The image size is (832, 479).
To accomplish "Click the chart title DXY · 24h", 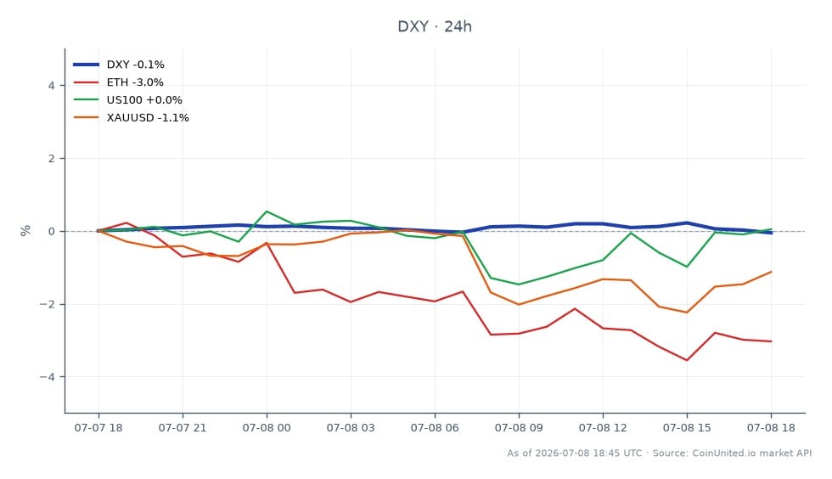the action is (435, 26).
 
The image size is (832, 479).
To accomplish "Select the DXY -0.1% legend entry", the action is (119, 65).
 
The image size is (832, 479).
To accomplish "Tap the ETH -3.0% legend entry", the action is (118, 82).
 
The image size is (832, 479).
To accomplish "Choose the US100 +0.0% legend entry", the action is (128, 100).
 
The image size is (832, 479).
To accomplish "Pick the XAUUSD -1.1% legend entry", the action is (131, 117).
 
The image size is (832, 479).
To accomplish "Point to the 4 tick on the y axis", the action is (52, 86).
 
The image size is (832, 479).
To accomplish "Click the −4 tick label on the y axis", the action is (48, 377).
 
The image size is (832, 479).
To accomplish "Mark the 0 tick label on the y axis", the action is (52, 232).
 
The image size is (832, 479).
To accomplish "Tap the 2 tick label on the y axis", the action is (52, 158).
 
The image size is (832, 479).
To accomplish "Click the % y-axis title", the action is (25, 230).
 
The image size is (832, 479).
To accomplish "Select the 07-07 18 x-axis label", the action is (98, 428).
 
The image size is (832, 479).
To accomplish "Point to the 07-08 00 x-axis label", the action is (267, 428).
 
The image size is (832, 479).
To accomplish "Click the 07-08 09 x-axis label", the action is (519, 428).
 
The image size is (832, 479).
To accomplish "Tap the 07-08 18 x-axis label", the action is (771, 428).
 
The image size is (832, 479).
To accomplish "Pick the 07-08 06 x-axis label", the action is (435, 428).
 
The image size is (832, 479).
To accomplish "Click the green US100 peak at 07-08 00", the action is (267, 211).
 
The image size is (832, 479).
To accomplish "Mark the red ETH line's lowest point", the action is (687, 360).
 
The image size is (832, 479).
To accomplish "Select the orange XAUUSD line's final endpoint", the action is (771, 272).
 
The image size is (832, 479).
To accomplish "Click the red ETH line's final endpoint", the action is (771, 341).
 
